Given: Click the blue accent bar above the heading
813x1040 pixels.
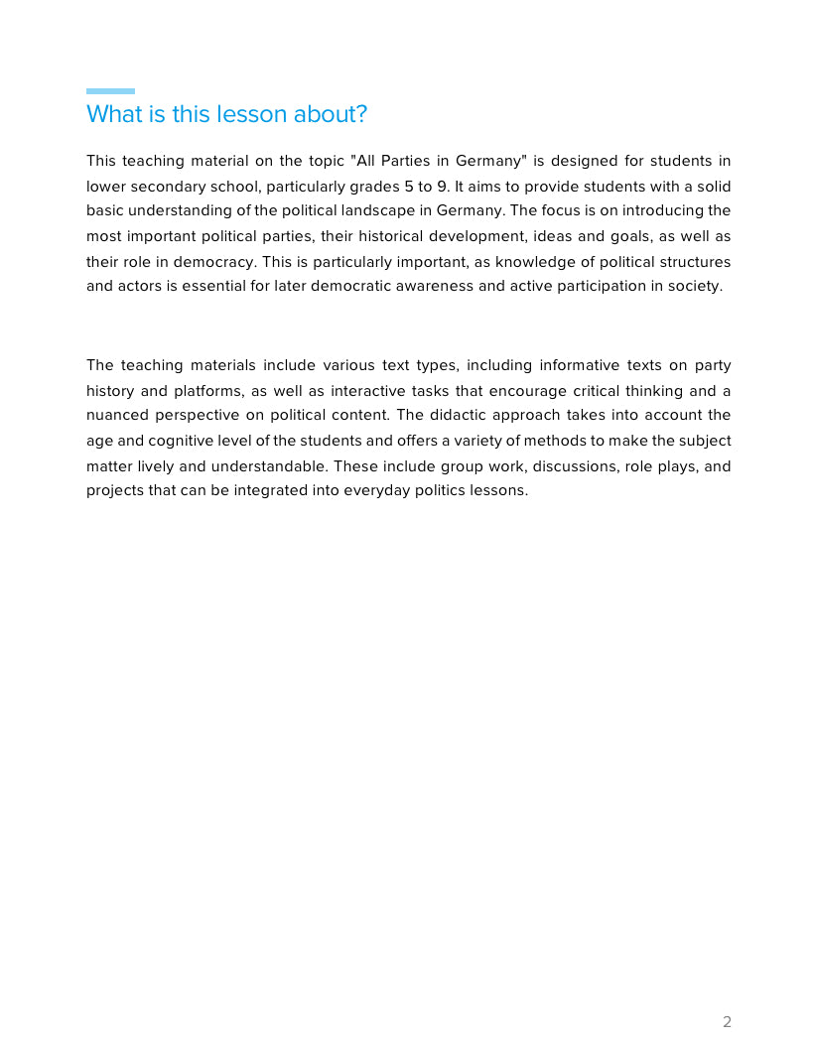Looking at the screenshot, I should [x=110, y=91].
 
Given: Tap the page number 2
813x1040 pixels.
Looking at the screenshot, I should [x=727, y=1022].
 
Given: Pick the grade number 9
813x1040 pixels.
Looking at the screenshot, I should [x=442, y=186].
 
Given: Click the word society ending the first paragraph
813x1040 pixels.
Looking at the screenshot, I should [x=695, y=287].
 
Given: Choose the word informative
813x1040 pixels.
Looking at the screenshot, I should [x=580, y=365].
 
